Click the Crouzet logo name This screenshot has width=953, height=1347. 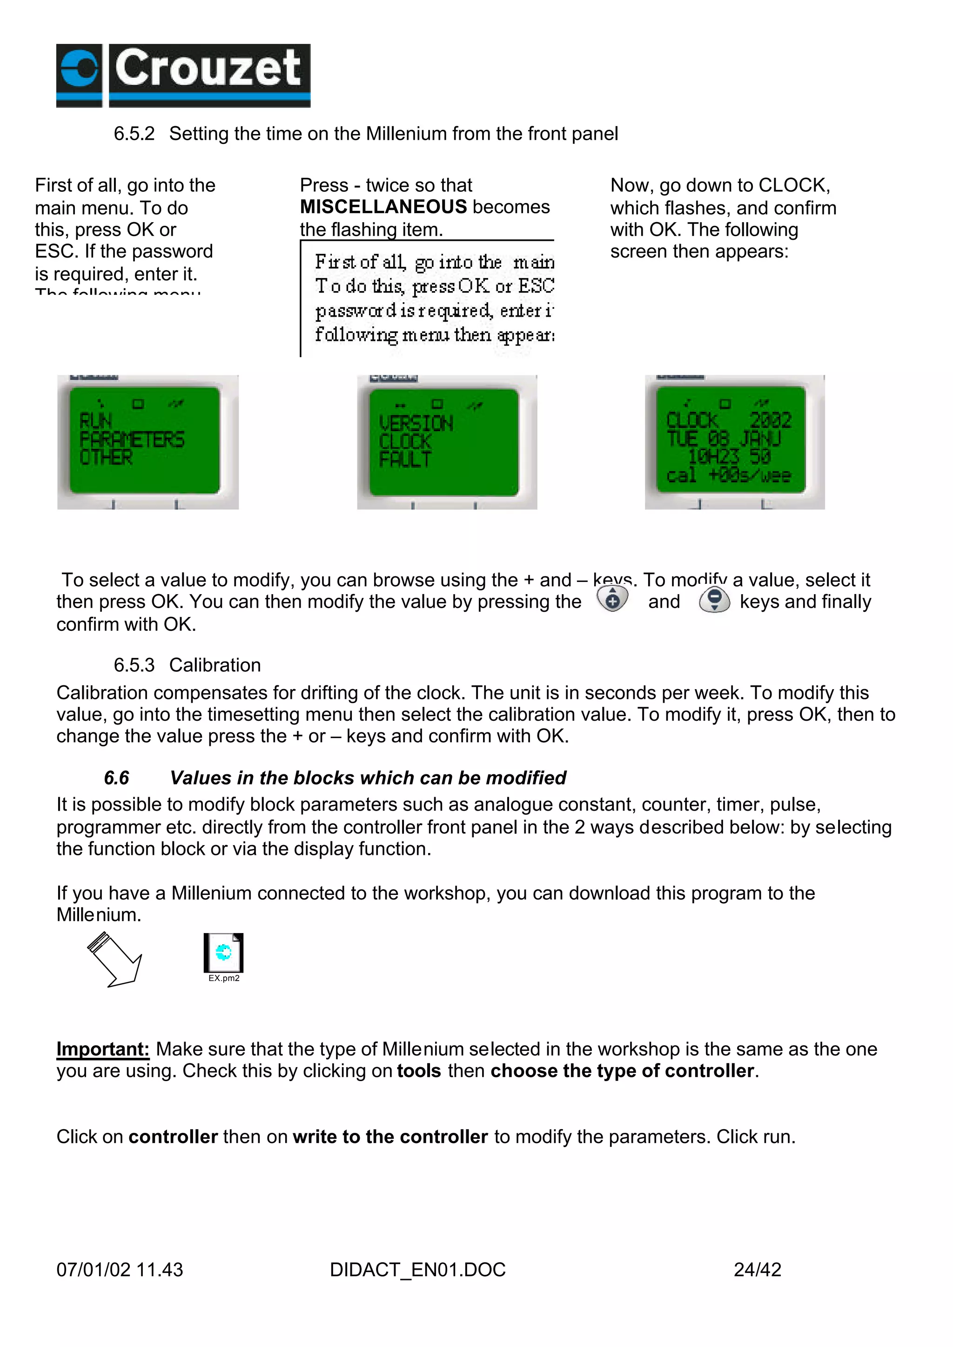click(208, 69)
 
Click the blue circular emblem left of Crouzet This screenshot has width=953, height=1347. click(79, 69)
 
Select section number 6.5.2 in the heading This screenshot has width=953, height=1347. click(134, 134)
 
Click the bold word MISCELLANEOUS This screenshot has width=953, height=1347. click(383, 207)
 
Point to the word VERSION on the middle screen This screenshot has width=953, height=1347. click(416, 423)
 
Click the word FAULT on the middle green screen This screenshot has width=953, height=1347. click(405, 459)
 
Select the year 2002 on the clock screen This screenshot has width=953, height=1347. click(770, 420)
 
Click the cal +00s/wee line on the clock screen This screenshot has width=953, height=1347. click(728, 474)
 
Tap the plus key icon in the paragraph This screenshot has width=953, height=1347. click(612, 600)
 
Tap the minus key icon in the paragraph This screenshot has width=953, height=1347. click(714, 600)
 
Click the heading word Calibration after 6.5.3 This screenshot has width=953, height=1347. click(215, 665)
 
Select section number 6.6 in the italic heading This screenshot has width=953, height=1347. click(116, 778)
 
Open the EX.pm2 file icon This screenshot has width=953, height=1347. click(223, 953)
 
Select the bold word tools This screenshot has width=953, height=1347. click(418, 1071)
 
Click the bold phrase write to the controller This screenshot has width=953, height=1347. click(390, 1137)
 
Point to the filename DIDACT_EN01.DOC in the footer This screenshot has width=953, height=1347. click(417, 1270)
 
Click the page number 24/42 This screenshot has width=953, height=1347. click(757, 1270)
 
